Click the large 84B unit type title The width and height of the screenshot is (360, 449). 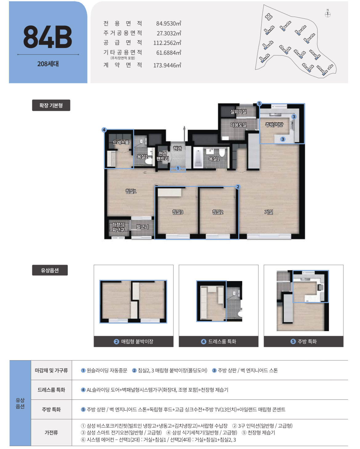click(48, 37)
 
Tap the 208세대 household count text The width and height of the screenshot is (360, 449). click(48, 64)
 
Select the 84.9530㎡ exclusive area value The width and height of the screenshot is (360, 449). click(169, 23)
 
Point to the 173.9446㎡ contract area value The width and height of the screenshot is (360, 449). click(167, 65)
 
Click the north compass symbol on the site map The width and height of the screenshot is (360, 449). click(327, 14)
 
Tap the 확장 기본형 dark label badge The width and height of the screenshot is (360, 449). click(51, 105)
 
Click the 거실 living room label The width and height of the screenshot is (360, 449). click(268, 212)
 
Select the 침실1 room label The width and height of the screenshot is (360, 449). click(131, 191)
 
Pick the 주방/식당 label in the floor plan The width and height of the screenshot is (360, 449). click(274, 125)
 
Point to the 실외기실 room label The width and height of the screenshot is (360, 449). click(238, 112)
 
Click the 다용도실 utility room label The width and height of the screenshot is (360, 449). click(238, 125)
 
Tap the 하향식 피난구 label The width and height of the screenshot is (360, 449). click(118, 227)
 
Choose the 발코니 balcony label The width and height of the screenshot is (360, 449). click(142, 227)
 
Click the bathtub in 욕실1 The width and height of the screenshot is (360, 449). click(198, 158)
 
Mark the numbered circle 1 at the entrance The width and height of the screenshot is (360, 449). click(178, 168)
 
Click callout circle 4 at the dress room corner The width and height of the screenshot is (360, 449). click(104, 130)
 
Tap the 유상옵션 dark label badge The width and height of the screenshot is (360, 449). click(50, 270)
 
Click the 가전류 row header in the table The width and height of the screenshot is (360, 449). click(51, 432)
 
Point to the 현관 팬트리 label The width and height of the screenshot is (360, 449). click(163, 156)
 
